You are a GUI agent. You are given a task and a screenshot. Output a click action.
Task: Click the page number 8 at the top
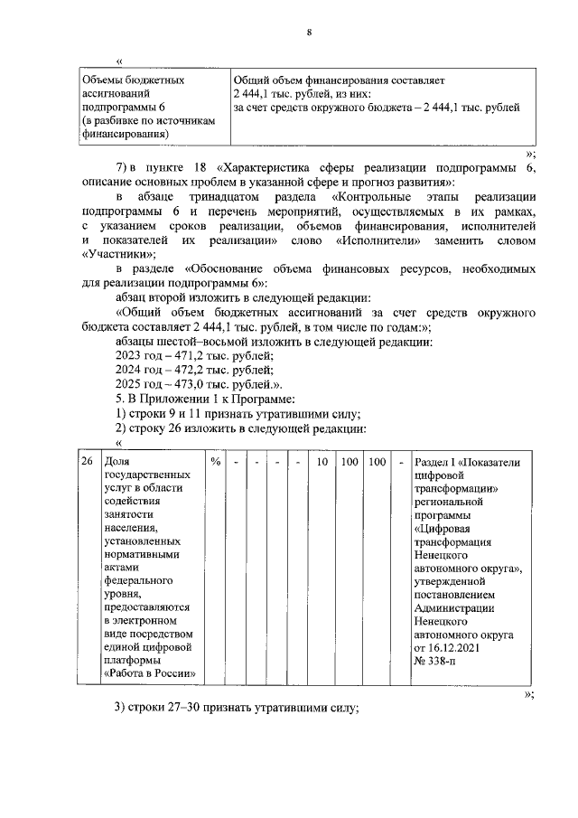point(310,33)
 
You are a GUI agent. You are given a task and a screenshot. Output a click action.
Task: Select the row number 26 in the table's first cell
point(87,461)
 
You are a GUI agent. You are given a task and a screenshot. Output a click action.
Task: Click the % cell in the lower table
point(216,461)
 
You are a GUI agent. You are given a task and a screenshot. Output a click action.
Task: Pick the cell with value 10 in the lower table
point(322,461)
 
